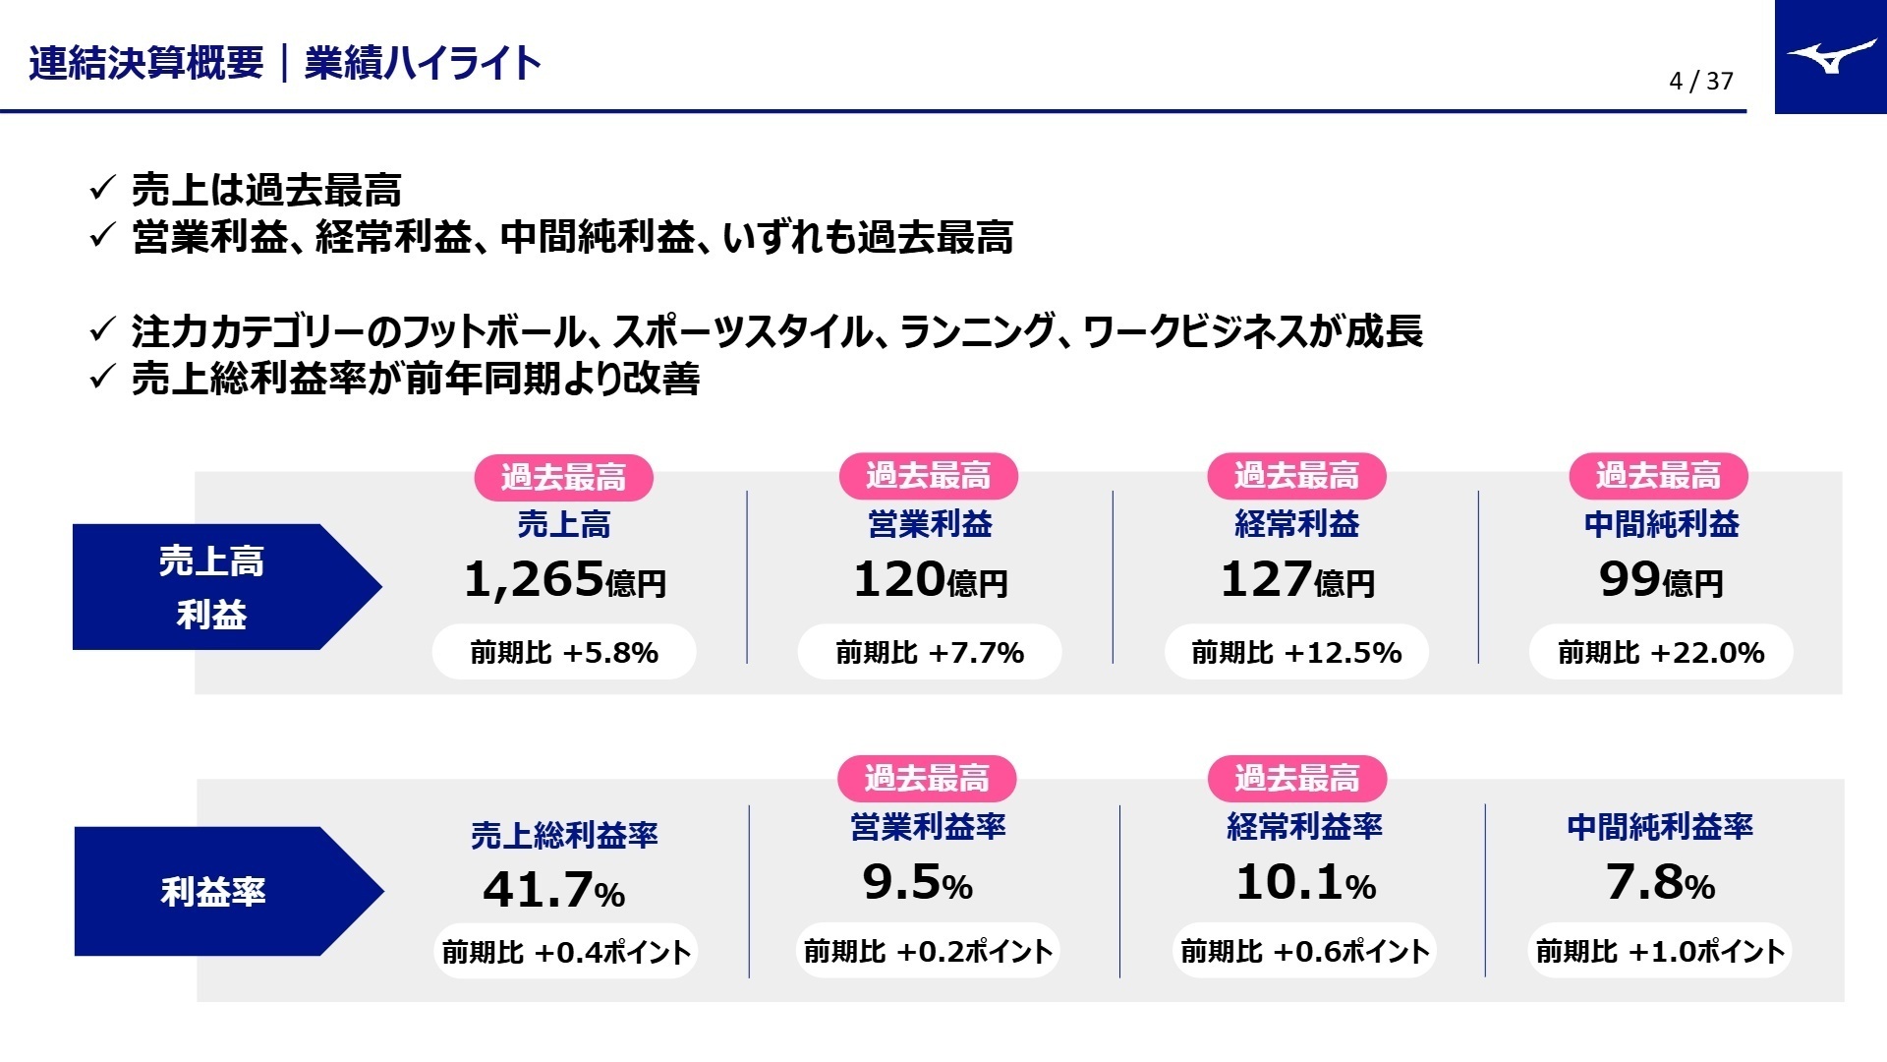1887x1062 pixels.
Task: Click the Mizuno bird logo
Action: [1831, 57]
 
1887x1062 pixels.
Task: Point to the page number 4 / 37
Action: [1700, 81]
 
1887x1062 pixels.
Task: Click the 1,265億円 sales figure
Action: [564, 579]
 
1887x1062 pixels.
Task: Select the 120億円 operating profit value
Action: [930, 579]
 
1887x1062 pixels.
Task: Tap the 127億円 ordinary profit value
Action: [1296, 579]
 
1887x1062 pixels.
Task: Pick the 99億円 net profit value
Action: [1661, 579]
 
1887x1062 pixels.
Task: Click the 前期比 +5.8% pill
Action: [564, 652]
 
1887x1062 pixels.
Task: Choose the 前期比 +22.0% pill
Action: [1661, 652]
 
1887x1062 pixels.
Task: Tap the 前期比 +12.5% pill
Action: [1296, 652]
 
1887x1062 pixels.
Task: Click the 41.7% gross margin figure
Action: [553, 890]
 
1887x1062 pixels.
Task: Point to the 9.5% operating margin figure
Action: [917, 882]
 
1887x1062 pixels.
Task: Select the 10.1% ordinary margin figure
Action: [1305, 882]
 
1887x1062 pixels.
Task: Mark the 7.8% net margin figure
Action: [1660, 882]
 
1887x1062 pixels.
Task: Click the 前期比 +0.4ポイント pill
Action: [565, 952]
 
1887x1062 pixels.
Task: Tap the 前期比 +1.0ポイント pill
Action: [1660, 951]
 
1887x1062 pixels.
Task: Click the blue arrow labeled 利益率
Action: [226, 891]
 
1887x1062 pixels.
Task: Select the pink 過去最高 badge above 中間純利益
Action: [1658, 477]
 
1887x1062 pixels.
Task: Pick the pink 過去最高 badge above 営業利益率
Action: [927, 779]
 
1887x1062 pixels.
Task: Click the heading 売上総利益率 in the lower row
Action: [564, 836]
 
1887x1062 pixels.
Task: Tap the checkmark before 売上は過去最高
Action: [102, 188]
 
